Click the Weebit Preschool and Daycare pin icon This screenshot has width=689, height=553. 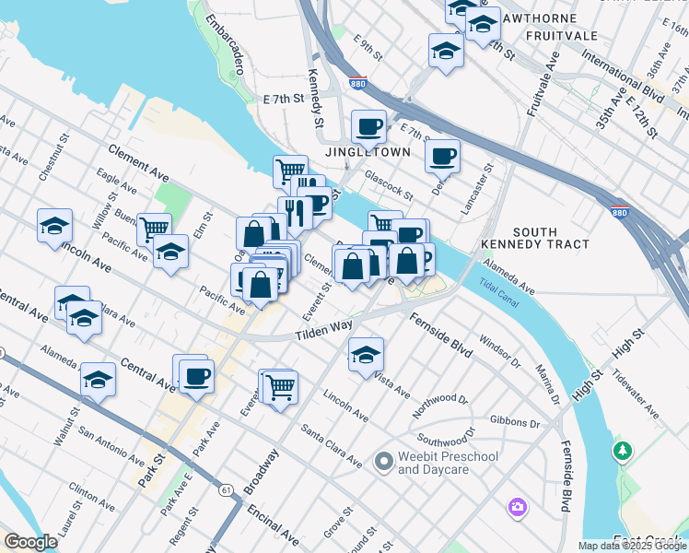pos(384,460)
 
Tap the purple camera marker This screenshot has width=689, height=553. pos(517,507)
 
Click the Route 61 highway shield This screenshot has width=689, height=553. pos(226,488)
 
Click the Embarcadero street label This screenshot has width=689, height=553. pos(225,44)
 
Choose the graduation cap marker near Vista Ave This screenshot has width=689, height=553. pos(366,354)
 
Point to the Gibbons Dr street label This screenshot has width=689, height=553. pos(515,421)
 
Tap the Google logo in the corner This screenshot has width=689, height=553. pos(30,542)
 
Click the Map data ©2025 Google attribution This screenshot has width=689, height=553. pos(631,546)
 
